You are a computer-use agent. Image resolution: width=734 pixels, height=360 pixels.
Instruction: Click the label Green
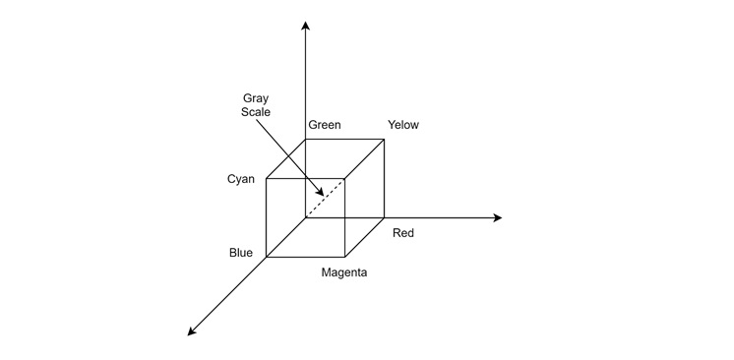click(x=325, y=125)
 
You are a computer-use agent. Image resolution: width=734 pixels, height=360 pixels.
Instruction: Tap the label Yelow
click(x=403, y=125)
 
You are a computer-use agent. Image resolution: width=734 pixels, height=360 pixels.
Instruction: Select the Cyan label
click(x=241, y=179)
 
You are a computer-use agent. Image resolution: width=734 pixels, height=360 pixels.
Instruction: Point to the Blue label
click(x=241, y=253)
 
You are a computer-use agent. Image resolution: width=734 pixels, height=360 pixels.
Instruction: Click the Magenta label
click(x=344, y=272)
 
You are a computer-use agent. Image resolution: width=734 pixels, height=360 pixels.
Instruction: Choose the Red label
click(x=403, y=233)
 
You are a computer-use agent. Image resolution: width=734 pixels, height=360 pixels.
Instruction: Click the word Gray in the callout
click(x=256, y=98)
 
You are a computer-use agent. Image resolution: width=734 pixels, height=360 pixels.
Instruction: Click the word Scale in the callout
click(x=256, y=112)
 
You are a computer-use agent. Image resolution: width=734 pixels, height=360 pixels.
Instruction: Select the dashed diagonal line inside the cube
click(x=326, y=198)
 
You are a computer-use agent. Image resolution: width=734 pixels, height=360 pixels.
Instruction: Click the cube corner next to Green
click(x=306, y=139)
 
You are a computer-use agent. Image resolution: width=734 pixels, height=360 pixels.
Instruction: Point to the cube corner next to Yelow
click(x=384, y=139)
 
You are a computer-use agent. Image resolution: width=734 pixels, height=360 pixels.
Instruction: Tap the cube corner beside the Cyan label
click(x=267, y=179)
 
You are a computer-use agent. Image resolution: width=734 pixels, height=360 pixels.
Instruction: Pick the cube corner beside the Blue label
click(x=267, y=257)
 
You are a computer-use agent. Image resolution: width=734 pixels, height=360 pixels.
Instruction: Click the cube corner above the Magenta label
click(x=344, y=257)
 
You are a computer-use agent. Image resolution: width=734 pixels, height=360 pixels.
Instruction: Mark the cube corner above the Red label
click(x=384, y=217)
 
